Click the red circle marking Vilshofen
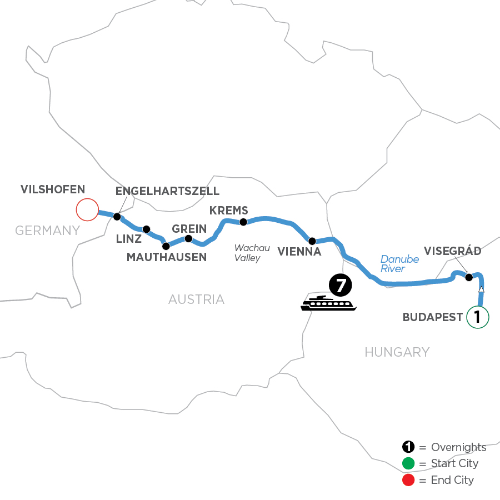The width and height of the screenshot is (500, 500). (x=87, y=210)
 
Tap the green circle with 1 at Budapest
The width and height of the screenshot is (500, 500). (x=477, y=317)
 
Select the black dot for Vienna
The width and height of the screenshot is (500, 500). (x=312, y=241)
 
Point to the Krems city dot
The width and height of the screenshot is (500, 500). (x=243, y=222)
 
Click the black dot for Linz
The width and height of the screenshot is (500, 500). (x=147, y=229)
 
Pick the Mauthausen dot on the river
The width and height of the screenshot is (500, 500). (x=165, y=246)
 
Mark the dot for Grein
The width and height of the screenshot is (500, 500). (x=188, y=239)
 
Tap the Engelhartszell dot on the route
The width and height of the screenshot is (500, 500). (x=117, y=217)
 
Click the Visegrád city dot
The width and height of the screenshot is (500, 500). (x=468, y=277)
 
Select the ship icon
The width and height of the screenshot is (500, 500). (x=328, y=303)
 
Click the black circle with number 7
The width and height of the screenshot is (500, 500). (x=341, y=286)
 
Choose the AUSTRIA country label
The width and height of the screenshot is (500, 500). (x=196, y=300)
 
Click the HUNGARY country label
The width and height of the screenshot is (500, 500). (x=397, y=352)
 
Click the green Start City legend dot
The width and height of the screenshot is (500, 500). (x=408, y=463)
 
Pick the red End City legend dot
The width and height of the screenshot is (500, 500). (x=408, y=479)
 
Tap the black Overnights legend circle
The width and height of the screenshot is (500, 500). (x=408, y=447)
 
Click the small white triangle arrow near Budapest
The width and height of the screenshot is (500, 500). (x=481, y=289)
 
